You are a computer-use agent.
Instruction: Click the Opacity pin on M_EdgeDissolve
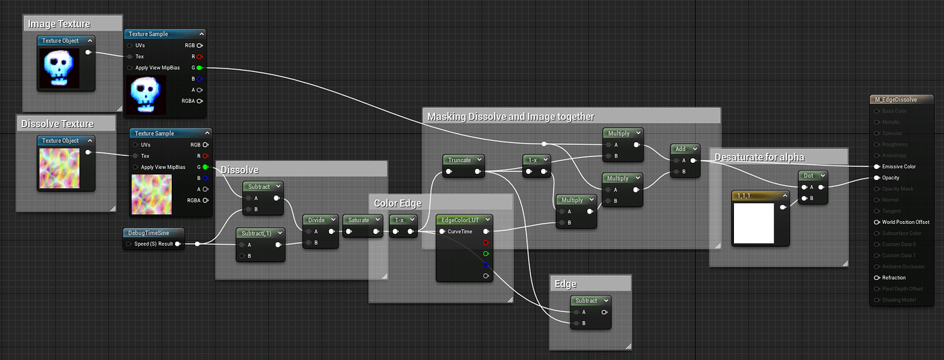pyautogui.click(x=876, y=178)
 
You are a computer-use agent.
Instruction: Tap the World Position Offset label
pyautogui.click(x=906, y=222)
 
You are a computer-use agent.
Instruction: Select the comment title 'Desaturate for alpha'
pyautogui.click(x=759, y=157)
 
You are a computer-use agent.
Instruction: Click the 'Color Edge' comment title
pyautogui.click(x=397, y=203)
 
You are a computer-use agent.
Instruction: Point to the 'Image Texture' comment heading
pyautogui.click(x=59, y=24)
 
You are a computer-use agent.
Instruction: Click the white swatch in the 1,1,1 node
pyautogui.click(x=753, y=223)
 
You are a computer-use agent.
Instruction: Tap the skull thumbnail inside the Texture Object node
pyautogui.click(x=60, y=68)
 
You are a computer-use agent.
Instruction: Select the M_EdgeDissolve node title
pyautogui.click(x=895, y=99)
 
